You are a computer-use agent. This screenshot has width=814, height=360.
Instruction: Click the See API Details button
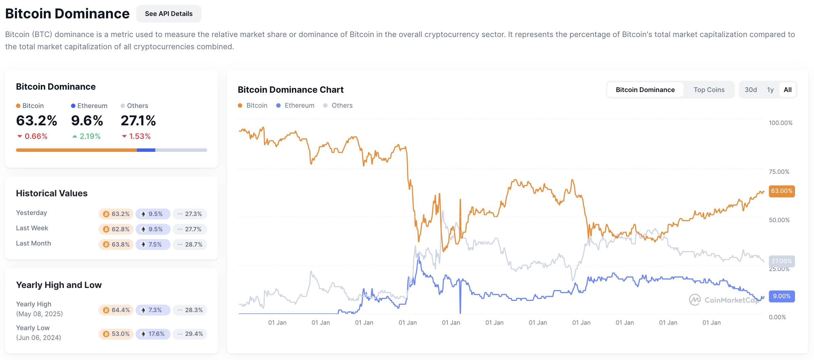pyautogui.click(x=169, y=14)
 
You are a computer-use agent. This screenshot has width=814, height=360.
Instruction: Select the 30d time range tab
pyautogui.click(x=751, y=90)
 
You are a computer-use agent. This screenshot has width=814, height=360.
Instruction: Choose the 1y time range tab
pyautogui.click(x=770, y=90)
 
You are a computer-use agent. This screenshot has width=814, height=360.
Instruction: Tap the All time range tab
pyautogui.click(x=788, y=90)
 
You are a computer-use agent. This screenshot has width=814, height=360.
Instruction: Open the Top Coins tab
pyautogui.click(x=709, y=90)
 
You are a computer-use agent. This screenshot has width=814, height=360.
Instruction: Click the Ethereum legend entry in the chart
pyautogui.click(x=295, y=105)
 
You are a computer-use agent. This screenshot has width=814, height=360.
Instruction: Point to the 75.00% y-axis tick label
pyautogui.click(x=779, y=172)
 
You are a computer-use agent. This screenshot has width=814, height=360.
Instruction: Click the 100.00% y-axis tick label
pyautogui.click(x=780, y=123)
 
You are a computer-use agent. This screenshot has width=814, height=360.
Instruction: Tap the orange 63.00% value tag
pyautogui.click(x=782, y=191)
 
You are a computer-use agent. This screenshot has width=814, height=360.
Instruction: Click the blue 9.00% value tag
pyautogui.click(x=782, y=296)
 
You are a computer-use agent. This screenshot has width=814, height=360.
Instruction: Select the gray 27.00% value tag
pyautogui.click(x=782, y=261)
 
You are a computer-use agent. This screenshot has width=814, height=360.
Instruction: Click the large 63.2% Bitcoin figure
pyautogui.click(x=36, y=121)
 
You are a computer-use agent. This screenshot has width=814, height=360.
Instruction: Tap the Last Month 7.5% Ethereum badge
pyautogui.click(x=153, y=244)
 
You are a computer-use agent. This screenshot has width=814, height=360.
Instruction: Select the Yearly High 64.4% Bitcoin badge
pyautogui.click(x=116, y=310)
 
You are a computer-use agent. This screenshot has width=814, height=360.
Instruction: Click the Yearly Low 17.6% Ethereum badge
pyautogui.click(x=153, y=334)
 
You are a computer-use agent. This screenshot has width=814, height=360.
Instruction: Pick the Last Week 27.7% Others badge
pyautogui.click(x=190, y=229)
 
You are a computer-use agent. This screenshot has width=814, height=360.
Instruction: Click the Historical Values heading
pyautogui.click(x=52, y=193)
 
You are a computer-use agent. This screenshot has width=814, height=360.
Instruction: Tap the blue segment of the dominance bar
pyautogui.click(x=146, y=150)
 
